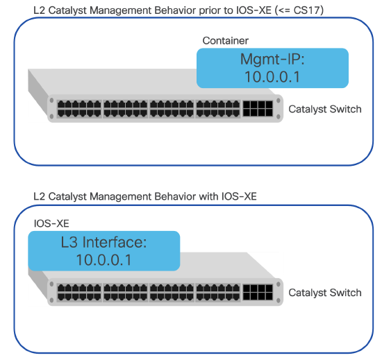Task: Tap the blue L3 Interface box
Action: pyautogui.click(x=103, y=251)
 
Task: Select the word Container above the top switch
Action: pyautogui.click(x=225, y=41)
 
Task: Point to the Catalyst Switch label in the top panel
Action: pyautogui.click(x=324, y=109)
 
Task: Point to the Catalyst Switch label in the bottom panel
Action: pyautogui.click(x=324, y=293)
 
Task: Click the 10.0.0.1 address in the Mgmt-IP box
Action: pyautogui.click(x=272, y=76)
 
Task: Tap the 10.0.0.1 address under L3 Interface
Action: pyautogui.click(x=104, y=261)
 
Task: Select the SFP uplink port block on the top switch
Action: pyautogui.click(x=257, y=108)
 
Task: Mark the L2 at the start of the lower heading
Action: pyautogui.click(x=39, y=197)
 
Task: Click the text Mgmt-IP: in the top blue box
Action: pyautogui.click(x=272, y=59)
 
